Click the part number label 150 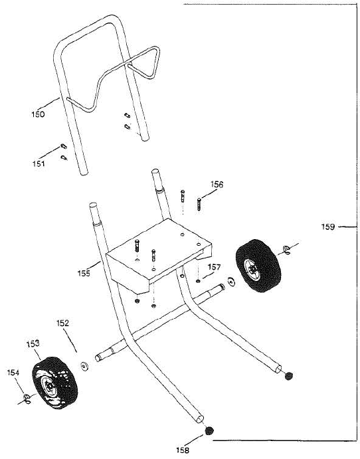pos(38,114)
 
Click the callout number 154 pos(13,373)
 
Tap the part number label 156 pos(217,184)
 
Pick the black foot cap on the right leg pos(289,377)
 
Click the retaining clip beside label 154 pos(27,398)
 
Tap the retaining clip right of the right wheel pos(286,248)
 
